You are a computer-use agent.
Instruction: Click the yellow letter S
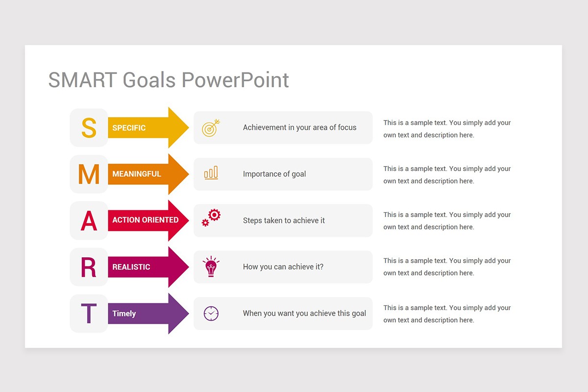[x=89, y=127]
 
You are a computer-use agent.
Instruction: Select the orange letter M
[x=89, y=174]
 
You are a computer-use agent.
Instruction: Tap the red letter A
[x=89, y=220]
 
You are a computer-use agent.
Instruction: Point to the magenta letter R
[x=89, y=267]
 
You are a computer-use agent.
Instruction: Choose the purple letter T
[x=89, y=314]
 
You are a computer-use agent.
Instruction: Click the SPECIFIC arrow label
[x=129, y=128]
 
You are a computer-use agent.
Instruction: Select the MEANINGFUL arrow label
[x=136, y=174]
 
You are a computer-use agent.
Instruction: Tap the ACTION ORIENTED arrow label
[x=145, y=220]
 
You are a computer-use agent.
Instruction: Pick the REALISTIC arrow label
[x=131, y=267]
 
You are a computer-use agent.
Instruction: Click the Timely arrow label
[x=124, y=314]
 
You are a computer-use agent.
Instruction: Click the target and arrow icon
[x=211, y=128]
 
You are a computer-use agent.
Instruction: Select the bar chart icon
[x=211, y=173]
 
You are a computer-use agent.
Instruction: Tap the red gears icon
[x=211, y=218]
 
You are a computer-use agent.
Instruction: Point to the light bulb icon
[x=211, y=267]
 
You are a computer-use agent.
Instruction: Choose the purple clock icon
[x=211, y=314]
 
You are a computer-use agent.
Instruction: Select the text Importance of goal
[x=274, y=174]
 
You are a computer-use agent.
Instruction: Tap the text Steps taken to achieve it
[x=284, y=220]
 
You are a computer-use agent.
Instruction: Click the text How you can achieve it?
[x=283, y=267]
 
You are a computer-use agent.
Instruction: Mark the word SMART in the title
[x=82, y=80]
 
